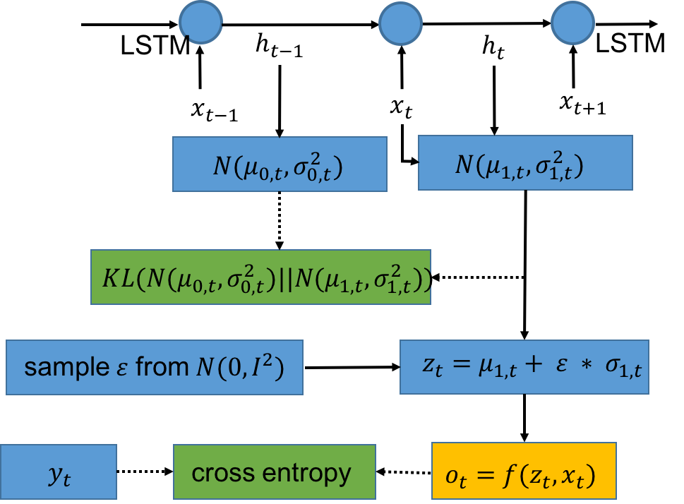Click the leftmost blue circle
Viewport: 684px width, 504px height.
click(x=201, y=22)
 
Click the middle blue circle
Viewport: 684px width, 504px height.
click(x=400, y=23)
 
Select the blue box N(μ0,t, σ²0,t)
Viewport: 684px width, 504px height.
click(x=280, y=164)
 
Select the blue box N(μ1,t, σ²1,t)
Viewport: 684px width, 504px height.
click(x=525, y=163)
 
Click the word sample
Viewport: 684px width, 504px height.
click(x=64, y=367)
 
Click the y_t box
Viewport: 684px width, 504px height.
click(x=59, y=471)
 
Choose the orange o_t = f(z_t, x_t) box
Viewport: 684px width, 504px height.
click(x=523, y=470)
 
